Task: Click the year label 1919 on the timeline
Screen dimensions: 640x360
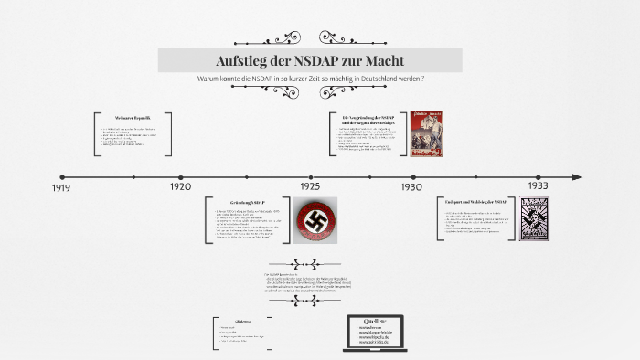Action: coord(62,188)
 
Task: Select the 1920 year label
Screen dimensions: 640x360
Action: coord(180,187)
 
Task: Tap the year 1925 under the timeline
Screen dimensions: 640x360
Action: coord(310,186)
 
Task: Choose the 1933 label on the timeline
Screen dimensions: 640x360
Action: coord(538,185)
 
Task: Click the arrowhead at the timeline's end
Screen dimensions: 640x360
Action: coord(577,177)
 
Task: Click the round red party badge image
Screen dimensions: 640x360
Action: coord(315,219)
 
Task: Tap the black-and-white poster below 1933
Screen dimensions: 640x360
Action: coord(535,219)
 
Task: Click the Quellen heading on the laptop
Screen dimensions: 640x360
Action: coord(376,322)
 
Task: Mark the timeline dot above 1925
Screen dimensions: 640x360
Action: coord(311,177)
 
